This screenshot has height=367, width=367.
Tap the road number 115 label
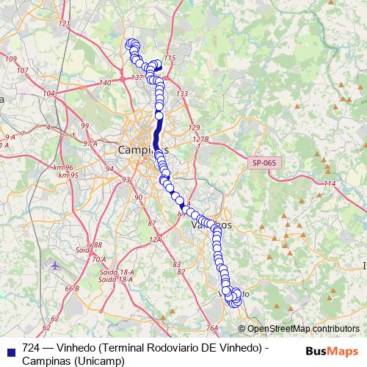[171, 58]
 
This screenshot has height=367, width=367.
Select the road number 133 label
[182, 94]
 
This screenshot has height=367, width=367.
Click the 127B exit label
[201, 139]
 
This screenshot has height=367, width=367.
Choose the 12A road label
[155, 240]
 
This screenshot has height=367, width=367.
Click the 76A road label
[213, 327]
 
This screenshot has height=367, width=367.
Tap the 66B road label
[71, 288]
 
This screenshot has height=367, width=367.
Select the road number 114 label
[330, 183]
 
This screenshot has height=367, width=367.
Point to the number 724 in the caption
[31, 347]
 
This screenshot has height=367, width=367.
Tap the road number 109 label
[11, 59]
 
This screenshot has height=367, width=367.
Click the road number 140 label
[105, 83]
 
